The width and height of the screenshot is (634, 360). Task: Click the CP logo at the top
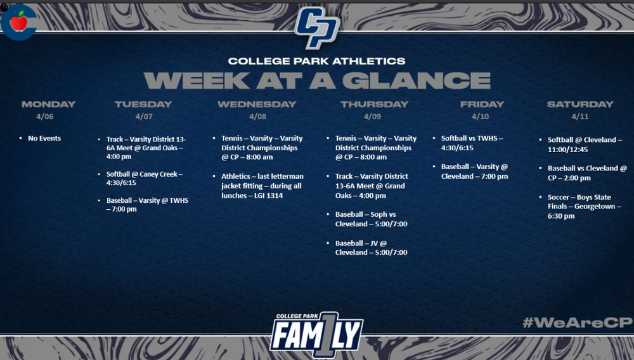318,27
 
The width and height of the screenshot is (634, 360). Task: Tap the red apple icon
18,22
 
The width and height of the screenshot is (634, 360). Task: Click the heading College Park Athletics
316,61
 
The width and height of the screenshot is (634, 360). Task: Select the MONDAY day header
48,104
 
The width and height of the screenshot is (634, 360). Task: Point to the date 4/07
144,117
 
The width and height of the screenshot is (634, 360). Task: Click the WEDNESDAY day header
257,104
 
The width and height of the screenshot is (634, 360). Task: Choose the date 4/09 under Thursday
373,117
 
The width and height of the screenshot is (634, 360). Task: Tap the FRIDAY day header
482,104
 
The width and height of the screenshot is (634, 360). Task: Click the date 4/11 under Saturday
580,117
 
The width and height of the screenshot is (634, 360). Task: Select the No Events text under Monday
44,138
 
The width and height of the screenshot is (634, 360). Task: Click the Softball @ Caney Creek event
144,178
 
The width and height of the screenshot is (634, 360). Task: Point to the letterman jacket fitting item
262,186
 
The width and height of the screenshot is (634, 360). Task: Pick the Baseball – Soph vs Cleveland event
372,219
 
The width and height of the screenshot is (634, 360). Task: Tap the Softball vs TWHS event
472,143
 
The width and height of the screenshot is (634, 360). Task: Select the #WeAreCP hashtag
577,322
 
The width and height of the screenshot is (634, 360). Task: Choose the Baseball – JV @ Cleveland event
371,248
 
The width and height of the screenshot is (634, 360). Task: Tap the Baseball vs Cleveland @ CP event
587,173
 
